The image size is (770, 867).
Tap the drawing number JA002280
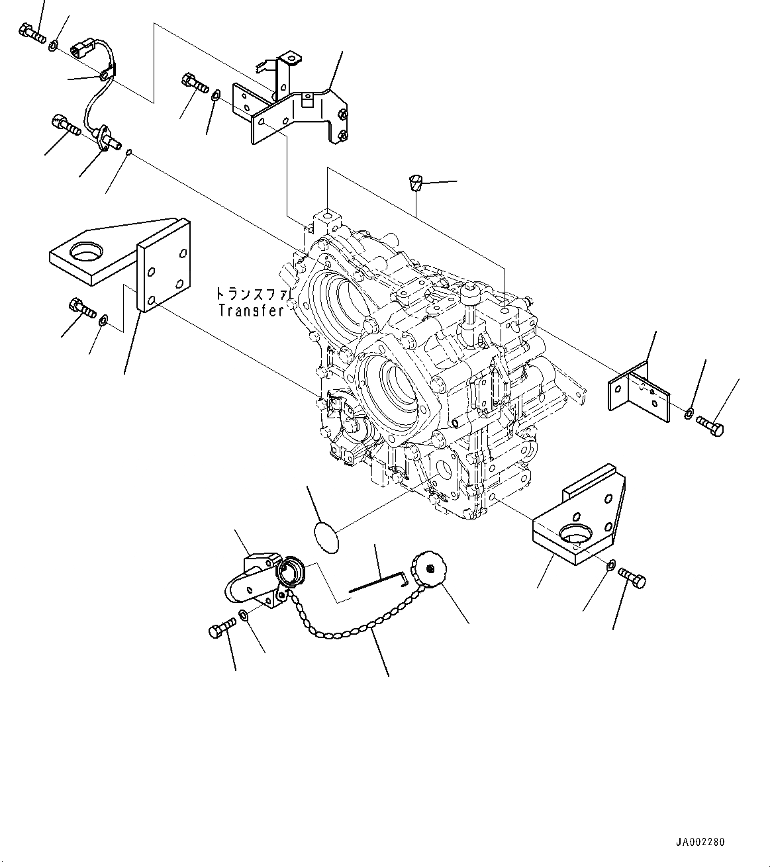click(700, 843)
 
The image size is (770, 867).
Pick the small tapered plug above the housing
click(415, 182)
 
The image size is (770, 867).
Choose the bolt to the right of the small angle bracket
click(710, 425)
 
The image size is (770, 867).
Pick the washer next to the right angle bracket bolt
click(689, 414)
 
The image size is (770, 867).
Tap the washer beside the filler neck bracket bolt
click(244, 616)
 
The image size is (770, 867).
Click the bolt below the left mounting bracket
click(81, 308)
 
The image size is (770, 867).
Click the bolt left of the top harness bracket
click(194, 84)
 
